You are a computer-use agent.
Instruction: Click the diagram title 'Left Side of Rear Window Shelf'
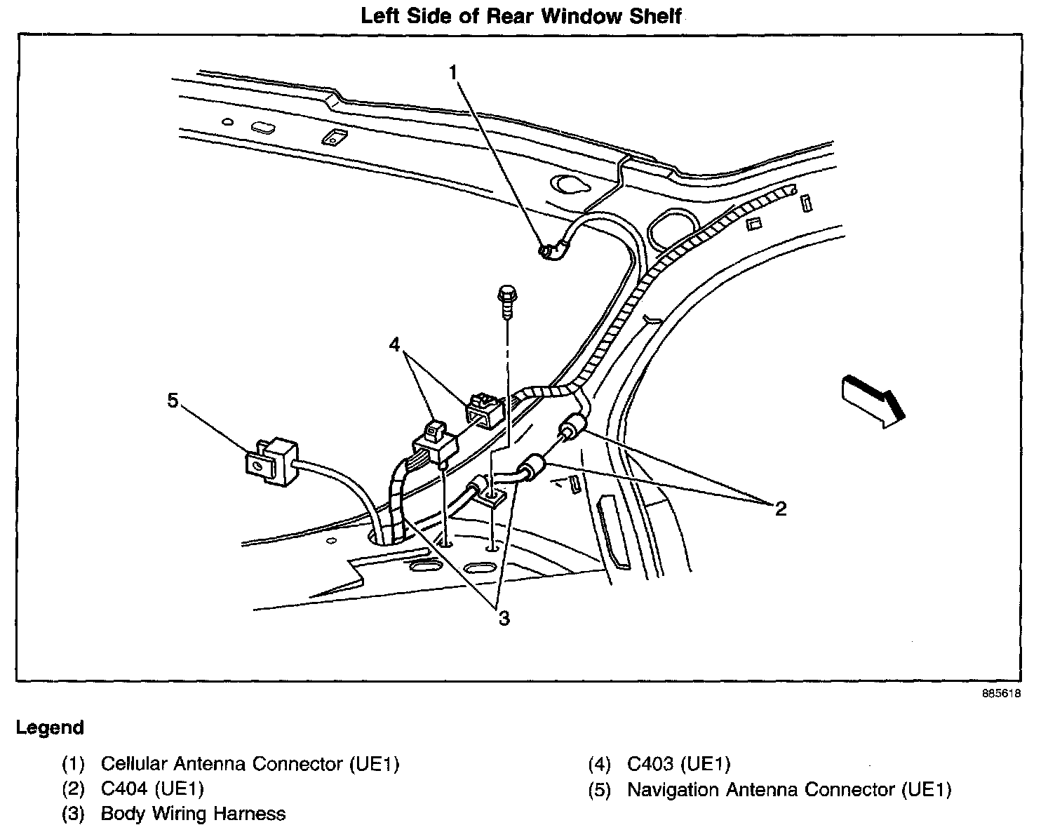[x=520, y=15]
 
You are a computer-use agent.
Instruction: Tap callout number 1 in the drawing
[x=454, y=72]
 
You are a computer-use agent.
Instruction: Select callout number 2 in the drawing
[x=780, y=508]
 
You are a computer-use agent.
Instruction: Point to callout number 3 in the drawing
[x=504, y=618]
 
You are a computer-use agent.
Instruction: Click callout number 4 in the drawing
[x=396, y=344]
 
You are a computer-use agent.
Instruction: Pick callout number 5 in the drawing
[x=173, y=400]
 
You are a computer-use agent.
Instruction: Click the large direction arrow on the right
[x=871, y=400]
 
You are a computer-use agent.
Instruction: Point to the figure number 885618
[x=1000, y=694]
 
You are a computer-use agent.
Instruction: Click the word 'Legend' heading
[x=50, y=727]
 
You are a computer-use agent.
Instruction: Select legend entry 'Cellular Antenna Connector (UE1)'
[x=250, y=764]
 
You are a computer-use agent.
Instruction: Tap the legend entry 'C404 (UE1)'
[x=152, y=789]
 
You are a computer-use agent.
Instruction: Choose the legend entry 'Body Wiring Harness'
[x=193, y=814]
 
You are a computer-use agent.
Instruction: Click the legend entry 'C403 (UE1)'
[x=678, y=764]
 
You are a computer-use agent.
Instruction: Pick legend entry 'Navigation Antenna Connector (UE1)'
[x=789, y=789]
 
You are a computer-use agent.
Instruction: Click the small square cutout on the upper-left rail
[x=330, y=137]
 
